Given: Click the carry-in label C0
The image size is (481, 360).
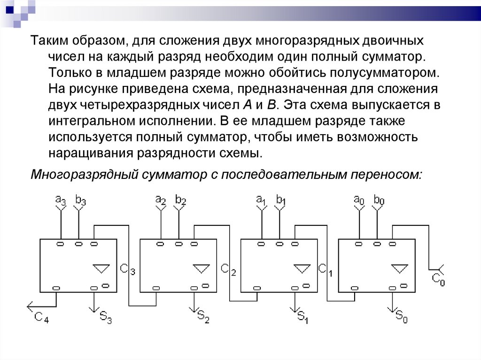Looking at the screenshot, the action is click(x=438, y=280).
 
